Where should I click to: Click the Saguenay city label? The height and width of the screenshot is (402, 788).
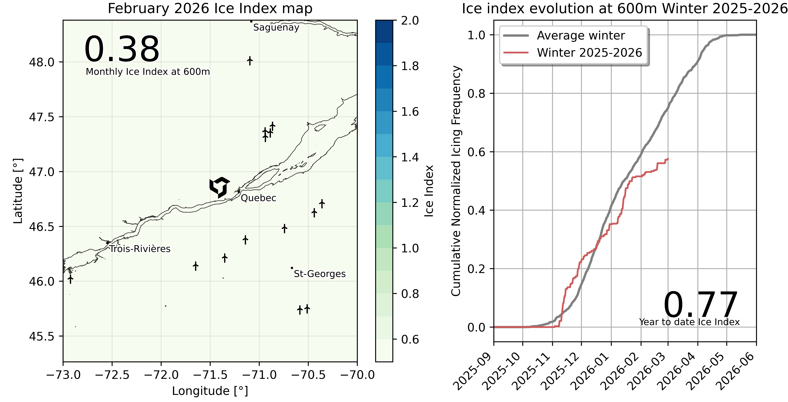tap(276, 27)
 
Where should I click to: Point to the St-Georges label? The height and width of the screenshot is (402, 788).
tap(320, 274)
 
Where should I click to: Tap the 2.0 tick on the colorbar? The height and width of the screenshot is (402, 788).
tap(410, 21)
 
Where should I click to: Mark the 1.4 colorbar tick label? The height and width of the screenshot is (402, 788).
tap(410, 157)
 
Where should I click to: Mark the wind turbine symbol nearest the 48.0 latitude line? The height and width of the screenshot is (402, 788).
tap(250, 61)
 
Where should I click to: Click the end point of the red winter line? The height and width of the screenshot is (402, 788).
tap(668, 159)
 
